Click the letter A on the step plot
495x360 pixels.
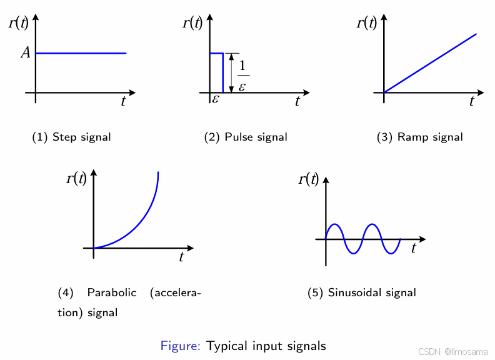click(x=26, y=52)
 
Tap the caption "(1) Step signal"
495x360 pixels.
click(x=71, y=137)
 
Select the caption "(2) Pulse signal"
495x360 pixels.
click(x=246, y=137)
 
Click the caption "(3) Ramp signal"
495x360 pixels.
click(x=420, y=137)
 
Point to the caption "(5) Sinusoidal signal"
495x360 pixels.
click(x=362, y=292)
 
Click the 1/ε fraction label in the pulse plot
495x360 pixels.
click(x=242, y=76)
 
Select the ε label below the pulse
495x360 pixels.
click(x=216, y=99)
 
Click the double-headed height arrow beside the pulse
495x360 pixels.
click(x=232, y=73)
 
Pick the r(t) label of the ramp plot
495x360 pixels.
click(x=366, y=24)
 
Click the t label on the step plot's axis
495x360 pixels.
click(x=123, y=102)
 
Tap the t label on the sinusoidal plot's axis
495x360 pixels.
click(x=414, y=248)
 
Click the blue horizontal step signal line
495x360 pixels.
click(x=81, y=53)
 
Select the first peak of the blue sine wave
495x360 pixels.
click(x=335, y=224)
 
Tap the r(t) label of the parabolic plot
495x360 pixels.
click(x=76, y=179)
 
